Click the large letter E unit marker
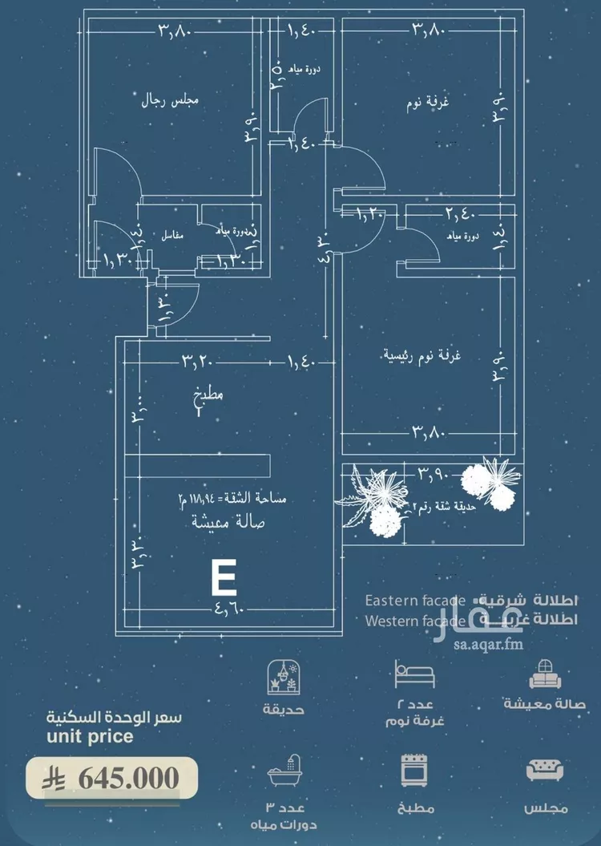click(x=222, y=577)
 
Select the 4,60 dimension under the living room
click(x=229, y=609)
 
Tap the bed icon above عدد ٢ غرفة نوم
click(x=415, y=674)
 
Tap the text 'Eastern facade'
click(x=414, y=601)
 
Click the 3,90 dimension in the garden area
click(x=434, y=475)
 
